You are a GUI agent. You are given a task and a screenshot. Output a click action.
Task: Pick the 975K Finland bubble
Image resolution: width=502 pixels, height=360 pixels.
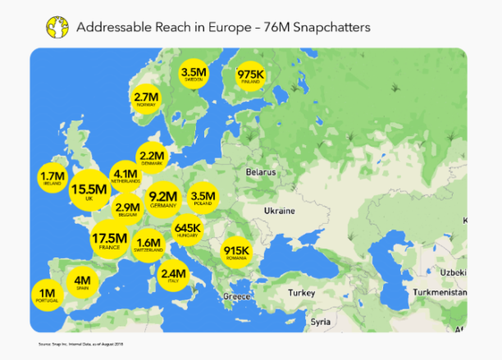coord(250,76)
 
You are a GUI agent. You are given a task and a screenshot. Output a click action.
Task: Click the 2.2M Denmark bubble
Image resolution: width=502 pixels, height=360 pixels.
coord(153,158)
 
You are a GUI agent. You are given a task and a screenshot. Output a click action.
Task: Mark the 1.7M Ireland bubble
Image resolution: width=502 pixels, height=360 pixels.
coord(52,177)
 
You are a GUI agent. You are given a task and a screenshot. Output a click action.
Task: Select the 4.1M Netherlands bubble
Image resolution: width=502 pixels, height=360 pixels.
coord(125,176)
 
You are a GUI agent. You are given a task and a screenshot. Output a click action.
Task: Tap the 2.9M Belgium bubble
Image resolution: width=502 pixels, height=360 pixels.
coord(128,210)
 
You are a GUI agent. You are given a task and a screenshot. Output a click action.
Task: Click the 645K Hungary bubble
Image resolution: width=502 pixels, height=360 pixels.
coord(188,230)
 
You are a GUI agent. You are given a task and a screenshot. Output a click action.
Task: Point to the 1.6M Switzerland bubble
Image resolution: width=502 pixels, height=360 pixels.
coord(149,244)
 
